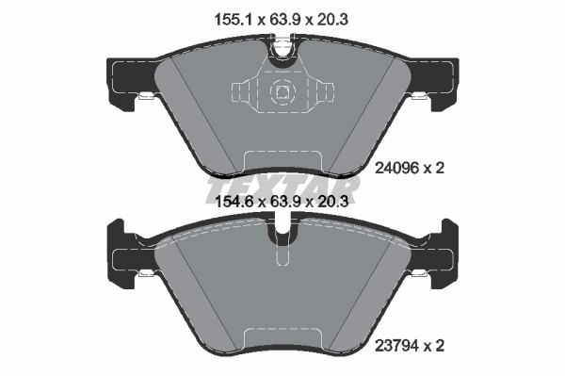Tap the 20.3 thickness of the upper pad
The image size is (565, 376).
tap(332, 20)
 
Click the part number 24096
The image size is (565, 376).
tap(396, 168)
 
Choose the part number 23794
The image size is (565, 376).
tap(396, 346)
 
